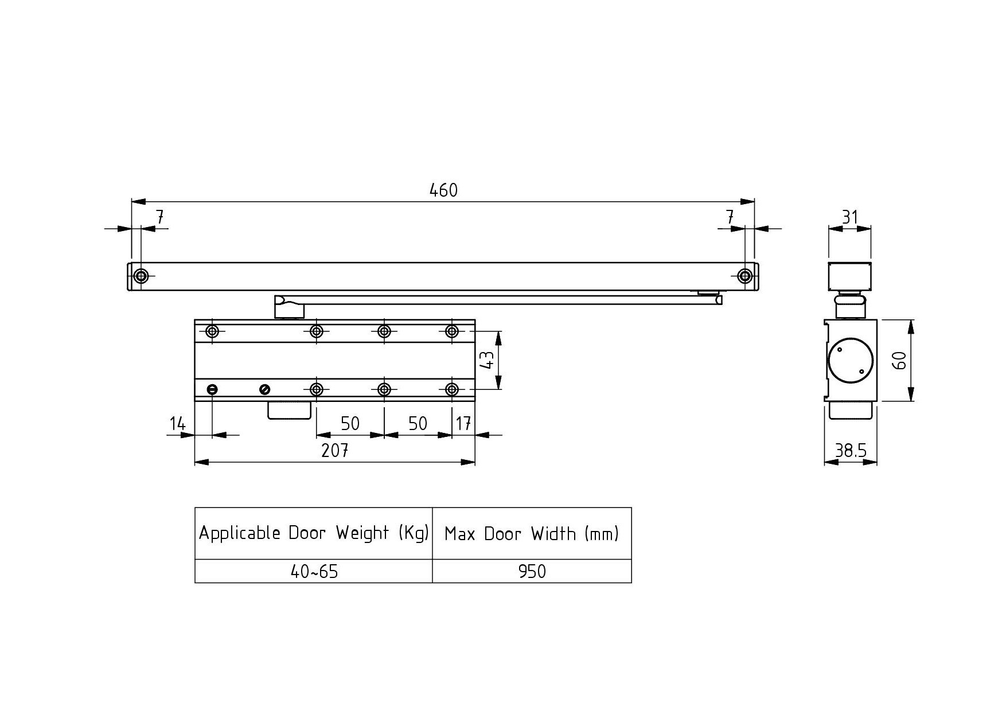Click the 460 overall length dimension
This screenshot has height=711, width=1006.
(443, 190)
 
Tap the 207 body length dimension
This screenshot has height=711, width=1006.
(335, 451)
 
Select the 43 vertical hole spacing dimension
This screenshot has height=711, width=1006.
(486, 360)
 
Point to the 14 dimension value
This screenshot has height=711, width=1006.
(178, 424)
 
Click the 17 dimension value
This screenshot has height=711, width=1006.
(463, 424)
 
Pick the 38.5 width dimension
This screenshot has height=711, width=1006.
(851, 451)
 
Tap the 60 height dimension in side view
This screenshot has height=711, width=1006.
(900, 360)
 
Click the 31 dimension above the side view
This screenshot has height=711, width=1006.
(849, 217)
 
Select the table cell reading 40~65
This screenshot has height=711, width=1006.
(314, 571)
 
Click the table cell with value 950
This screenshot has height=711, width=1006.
(532, 571)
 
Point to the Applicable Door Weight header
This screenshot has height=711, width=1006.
(314, 533)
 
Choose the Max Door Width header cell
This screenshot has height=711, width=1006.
(532, 533)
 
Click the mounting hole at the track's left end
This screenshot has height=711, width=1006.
(141, 276)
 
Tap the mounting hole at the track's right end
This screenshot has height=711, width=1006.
(745, 276)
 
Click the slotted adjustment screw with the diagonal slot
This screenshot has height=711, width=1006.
(265, 390)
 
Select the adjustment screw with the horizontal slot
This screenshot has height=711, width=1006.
(212, 390)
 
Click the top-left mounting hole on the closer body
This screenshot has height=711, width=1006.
(212, 331)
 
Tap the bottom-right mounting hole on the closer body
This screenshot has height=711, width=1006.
(452, 390)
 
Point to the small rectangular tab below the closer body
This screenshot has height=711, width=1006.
(289, 410)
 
